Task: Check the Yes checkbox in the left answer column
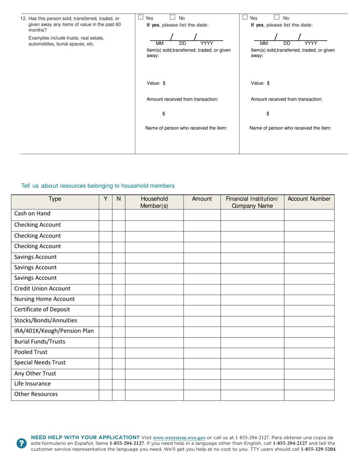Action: [141, 17]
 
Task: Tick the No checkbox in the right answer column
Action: [277, 17]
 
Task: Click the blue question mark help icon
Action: [22, 443]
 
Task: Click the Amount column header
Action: [202, 199]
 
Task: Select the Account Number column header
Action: [309, 199]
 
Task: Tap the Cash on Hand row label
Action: [32, 214]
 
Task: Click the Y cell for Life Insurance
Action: [105, 384]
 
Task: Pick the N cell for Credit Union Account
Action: [119, 289]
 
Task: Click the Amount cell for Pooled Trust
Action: [202, 352]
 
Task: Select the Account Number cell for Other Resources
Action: [309, 394]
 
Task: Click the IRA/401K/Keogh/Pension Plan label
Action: [54, 331]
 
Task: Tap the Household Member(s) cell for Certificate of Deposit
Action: [154, 310]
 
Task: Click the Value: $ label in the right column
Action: [260, 83]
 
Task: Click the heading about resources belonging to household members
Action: [98, 186]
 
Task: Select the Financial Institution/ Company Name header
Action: [252, 202]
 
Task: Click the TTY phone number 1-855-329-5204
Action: [318, 449]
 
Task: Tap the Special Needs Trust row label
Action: [40, 363]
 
